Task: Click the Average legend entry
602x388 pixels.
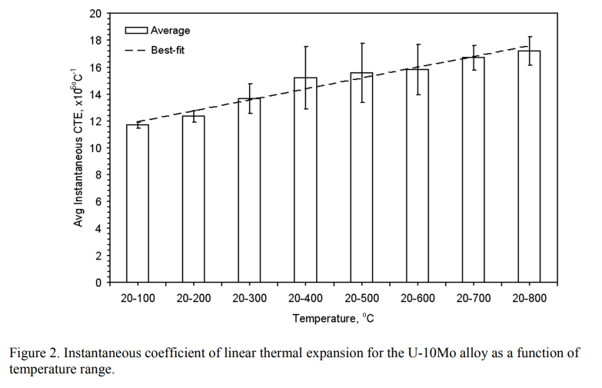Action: coord(158,31)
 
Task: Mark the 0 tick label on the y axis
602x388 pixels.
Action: coord(98,283)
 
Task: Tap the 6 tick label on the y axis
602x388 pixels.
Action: coord(98,202)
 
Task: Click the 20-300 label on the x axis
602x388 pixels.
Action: coord(249,298)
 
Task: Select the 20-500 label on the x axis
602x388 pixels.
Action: coord(361,298)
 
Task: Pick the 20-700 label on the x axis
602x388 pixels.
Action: coord(474,298)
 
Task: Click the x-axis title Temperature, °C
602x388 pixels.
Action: coord(334,317)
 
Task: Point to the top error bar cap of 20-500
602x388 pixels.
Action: coord(361,43)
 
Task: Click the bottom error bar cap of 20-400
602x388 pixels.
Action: coord(305,109)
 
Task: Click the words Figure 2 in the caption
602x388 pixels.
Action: coord(32,353)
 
